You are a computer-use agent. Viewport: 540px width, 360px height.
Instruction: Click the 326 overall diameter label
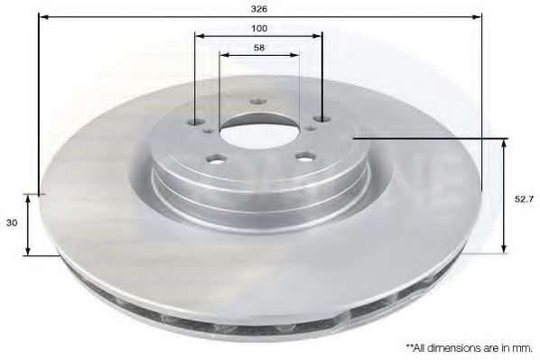(260, 8)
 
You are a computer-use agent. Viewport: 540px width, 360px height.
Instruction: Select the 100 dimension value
(260, 28)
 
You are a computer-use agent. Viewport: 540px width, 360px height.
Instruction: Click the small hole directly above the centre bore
(258, 102)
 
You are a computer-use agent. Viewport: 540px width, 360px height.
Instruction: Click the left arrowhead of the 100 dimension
(200, 35)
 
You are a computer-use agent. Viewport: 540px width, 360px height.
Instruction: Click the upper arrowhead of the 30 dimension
(29, 198)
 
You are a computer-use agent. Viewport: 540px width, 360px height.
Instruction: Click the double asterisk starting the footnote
(409, 346)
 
